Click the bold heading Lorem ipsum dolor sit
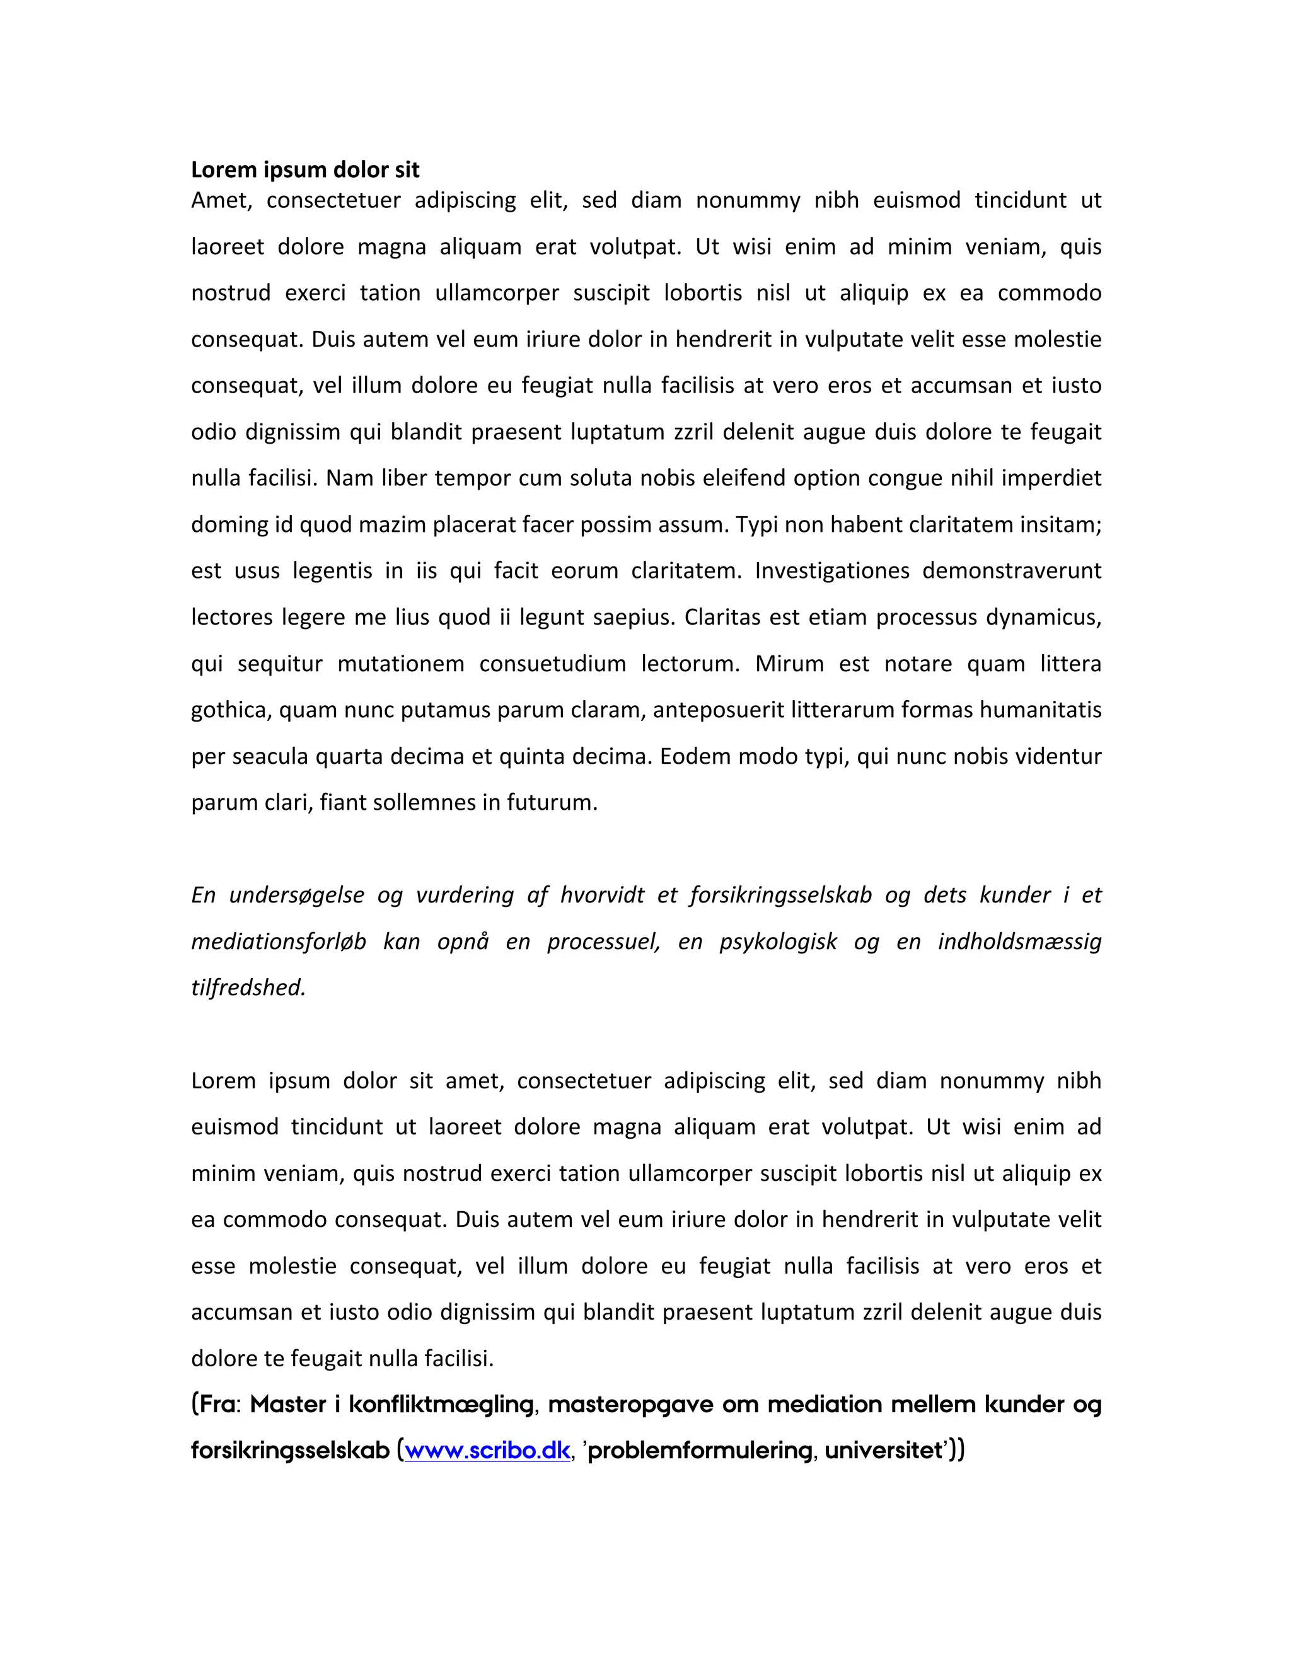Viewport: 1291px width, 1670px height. point(304,170)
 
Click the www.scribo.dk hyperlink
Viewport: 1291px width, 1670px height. point(487,1451)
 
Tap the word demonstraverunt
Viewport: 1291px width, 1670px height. point(1011,571)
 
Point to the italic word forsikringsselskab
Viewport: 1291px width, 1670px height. point(780,895)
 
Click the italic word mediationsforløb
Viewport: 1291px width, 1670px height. point(279,942)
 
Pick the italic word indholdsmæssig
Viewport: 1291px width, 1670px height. point(1019,942)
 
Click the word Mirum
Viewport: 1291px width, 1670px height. point(789,664)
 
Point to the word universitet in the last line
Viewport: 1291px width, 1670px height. point(883,1451)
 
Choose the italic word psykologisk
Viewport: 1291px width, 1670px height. point(778,942)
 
